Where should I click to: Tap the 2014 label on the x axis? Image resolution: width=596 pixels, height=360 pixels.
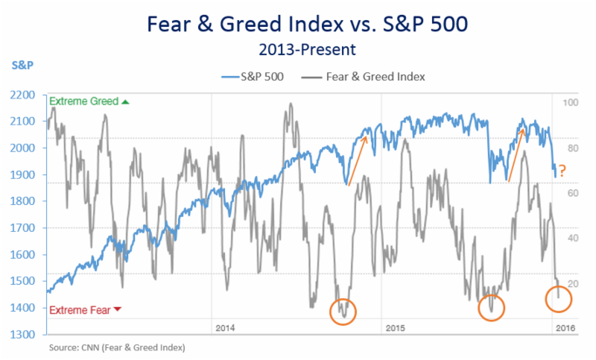tap(225, 329)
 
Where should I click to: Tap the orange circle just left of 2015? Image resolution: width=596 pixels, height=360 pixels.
tap(343, 312)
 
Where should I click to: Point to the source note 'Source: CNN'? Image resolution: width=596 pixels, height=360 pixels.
tap(117, 347)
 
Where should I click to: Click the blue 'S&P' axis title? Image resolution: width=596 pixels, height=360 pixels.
tap(22, 65)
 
